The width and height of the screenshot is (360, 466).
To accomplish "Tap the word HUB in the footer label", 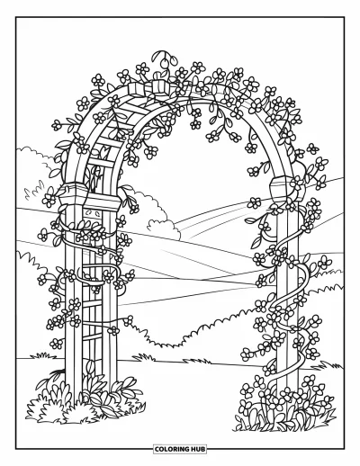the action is pos(198,449).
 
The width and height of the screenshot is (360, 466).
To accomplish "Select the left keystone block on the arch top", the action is pos(137,89).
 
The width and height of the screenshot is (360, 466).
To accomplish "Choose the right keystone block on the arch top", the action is pos(160,86).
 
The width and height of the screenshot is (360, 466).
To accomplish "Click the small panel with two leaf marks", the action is pos(92,214).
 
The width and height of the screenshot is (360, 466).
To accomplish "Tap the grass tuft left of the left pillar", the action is pos(43,356).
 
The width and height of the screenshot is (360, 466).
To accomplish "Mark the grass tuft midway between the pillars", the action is pos(144,357).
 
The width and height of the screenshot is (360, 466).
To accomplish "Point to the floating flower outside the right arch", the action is pos(312,148).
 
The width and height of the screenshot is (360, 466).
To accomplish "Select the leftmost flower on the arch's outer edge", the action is pos(57,125).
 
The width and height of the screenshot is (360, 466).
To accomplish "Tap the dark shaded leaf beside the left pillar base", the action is pos(57,372).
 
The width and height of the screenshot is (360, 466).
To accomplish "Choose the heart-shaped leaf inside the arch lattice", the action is pos(103,149).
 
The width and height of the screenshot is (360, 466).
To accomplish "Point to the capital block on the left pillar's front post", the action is pos(103,202).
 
